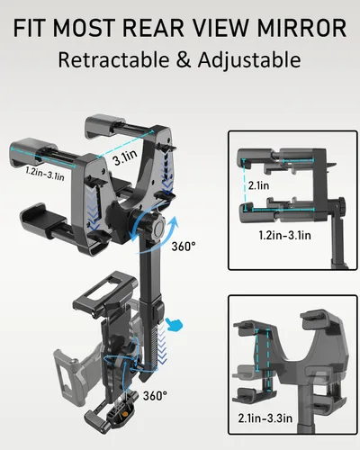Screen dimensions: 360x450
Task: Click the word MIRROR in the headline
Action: [301, 28]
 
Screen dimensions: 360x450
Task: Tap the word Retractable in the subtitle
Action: [113, 59]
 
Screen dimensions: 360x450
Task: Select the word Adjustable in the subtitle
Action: [249, 60]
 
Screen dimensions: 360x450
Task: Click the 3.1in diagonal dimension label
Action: [125, 157]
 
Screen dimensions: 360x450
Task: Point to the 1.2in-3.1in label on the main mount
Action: [45, 174]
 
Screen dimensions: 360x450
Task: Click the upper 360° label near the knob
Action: [184, 247]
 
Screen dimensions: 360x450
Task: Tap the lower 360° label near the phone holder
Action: [155, 395]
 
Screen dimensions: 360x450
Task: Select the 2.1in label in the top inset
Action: [258, 185]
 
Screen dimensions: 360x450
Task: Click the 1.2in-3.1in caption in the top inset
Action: [284, 235]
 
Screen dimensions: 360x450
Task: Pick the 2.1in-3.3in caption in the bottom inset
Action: [265, 418]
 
